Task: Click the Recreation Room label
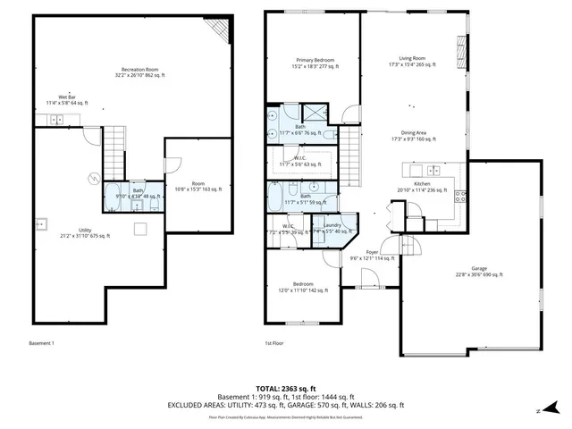140,72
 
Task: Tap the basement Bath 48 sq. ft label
138,193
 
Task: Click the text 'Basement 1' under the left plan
43,343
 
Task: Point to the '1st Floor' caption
273,343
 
